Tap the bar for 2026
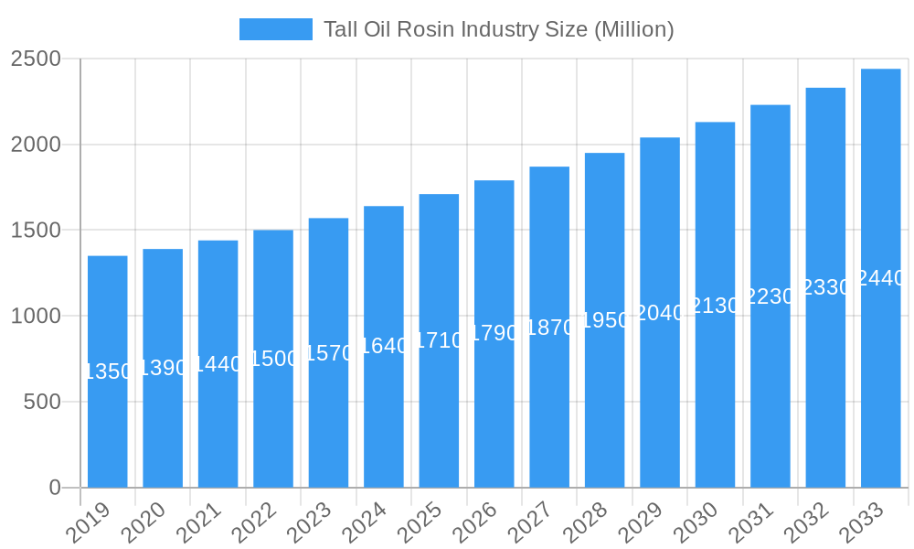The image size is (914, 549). tap(494, 412)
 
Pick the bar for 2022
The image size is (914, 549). tap(273, 421)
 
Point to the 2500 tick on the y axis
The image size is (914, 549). tap(36, 59)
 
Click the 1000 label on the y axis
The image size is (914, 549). tap(36, 317)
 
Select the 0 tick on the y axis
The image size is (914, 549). tap(55, 488)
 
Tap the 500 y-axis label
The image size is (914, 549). tap(42, 402)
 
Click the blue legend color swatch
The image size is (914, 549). tap(275, 29)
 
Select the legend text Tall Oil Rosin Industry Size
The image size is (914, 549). tap(499, 29)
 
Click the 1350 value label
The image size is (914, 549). tap(109, 371)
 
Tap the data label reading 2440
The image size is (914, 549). tap(880, 279)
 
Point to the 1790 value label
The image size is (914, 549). tap(494, 333)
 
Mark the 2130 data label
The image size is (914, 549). tap(715, 306)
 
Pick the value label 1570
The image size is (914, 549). tap(329, 353)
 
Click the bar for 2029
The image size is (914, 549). tap(660, 403)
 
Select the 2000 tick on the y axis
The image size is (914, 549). tap(36, 145)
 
